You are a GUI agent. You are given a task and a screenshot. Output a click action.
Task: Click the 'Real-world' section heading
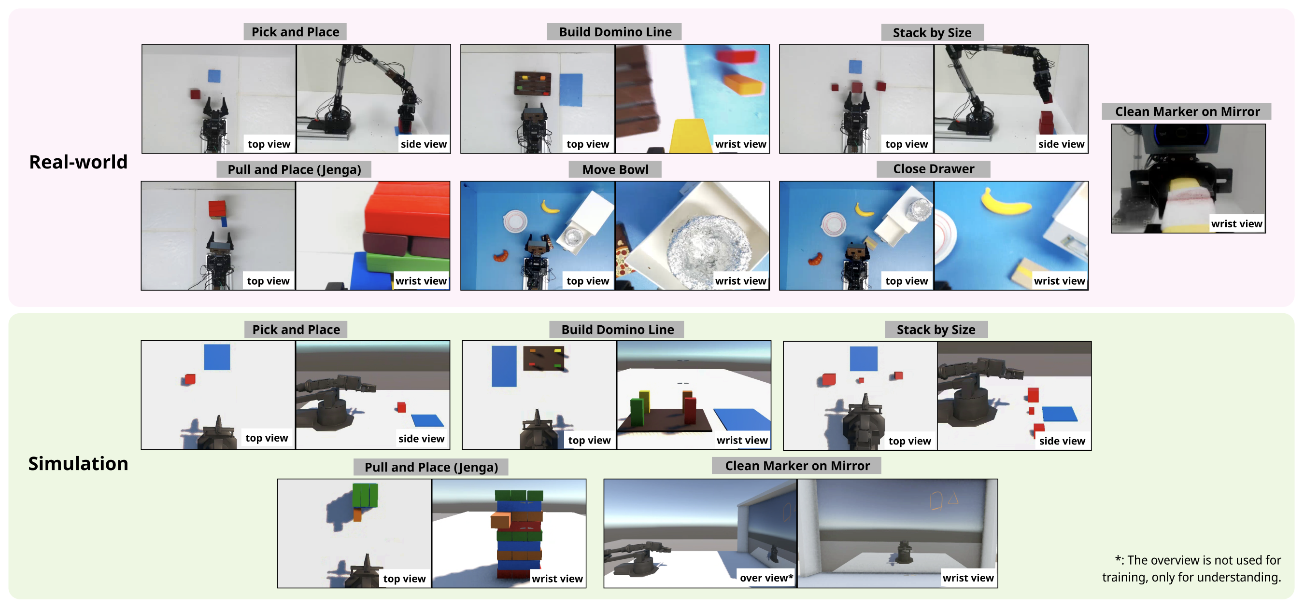point(78,162)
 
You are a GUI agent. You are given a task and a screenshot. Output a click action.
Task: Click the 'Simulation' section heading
point(78,463)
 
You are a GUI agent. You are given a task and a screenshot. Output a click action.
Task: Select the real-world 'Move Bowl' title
point(615,169)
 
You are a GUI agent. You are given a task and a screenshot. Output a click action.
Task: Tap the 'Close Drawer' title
point(934,169)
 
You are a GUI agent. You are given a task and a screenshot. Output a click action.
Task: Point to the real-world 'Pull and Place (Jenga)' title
point(294,169)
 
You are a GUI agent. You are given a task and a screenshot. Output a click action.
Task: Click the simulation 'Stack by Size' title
point(936,330)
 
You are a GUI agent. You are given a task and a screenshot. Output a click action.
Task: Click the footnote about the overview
point(1192,568)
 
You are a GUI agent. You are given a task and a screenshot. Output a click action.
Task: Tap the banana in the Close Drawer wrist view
point(1006,202)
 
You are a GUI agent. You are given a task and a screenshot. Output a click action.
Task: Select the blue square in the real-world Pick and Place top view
point(214,76)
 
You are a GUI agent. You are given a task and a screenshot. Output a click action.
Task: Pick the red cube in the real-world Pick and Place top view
point(196,94)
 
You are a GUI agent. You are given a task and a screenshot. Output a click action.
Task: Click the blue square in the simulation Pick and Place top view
point(217,357)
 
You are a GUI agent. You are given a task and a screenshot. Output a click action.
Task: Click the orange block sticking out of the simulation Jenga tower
point(500,520)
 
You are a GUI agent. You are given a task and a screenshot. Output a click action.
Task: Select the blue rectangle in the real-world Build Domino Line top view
point(570,90)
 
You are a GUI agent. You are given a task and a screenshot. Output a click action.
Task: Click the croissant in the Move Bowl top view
point(501,255)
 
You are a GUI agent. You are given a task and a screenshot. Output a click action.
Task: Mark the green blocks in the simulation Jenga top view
point(365,496)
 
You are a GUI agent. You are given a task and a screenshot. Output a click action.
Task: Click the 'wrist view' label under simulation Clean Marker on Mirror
point(968,578)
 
